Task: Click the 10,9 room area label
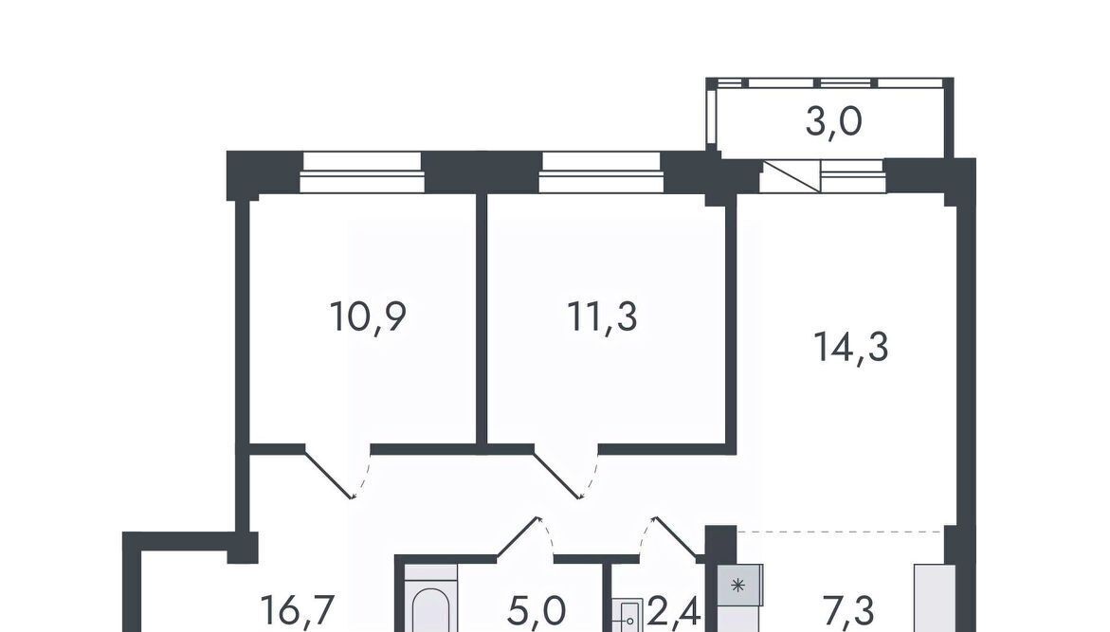(368, 316)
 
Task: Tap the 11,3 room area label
(603, 316)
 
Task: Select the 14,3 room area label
(851, 348)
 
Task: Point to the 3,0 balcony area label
(834, 121)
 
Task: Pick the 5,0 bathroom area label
(537, 610)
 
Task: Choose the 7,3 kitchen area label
(848, 610)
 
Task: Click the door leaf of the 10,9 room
(329, 472)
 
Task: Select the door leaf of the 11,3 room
(556, 472)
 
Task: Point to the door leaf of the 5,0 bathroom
(519, 537)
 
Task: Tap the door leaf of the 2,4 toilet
(676, 537)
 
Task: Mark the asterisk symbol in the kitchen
(737, 586)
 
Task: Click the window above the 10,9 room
(362, 172)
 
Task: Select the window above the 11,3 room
(602, 172)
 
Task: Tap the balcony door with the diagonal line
(791, 176)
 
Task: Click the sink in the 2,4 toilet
(628, 616)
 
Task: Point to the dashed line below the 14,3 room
(840, 531)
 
